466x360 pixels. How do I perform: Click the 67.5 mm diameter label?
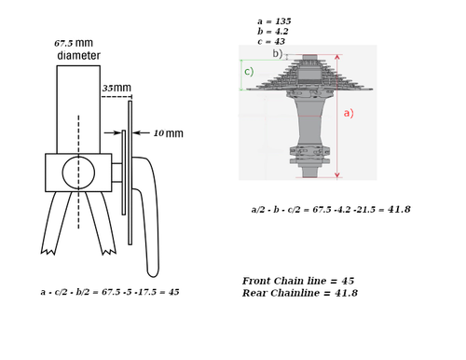point(77,49)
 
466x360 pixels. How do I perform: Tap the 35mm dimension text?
point(116,88)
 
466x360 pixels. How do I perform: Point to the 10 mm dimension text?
point(169,133)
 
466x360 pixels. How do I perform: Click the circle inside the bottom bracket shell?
point(78,173)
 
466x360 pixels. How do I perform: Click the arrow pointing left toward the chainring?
point(142,132)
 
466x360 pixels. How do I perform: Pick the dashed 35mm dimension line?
point(116,97)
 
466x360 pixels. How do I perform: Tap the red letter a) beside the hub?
point(349,113)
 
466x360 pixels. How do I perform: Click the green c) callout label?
point(249,72)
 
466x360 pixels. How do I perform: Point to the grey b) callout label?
point(278,53)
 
